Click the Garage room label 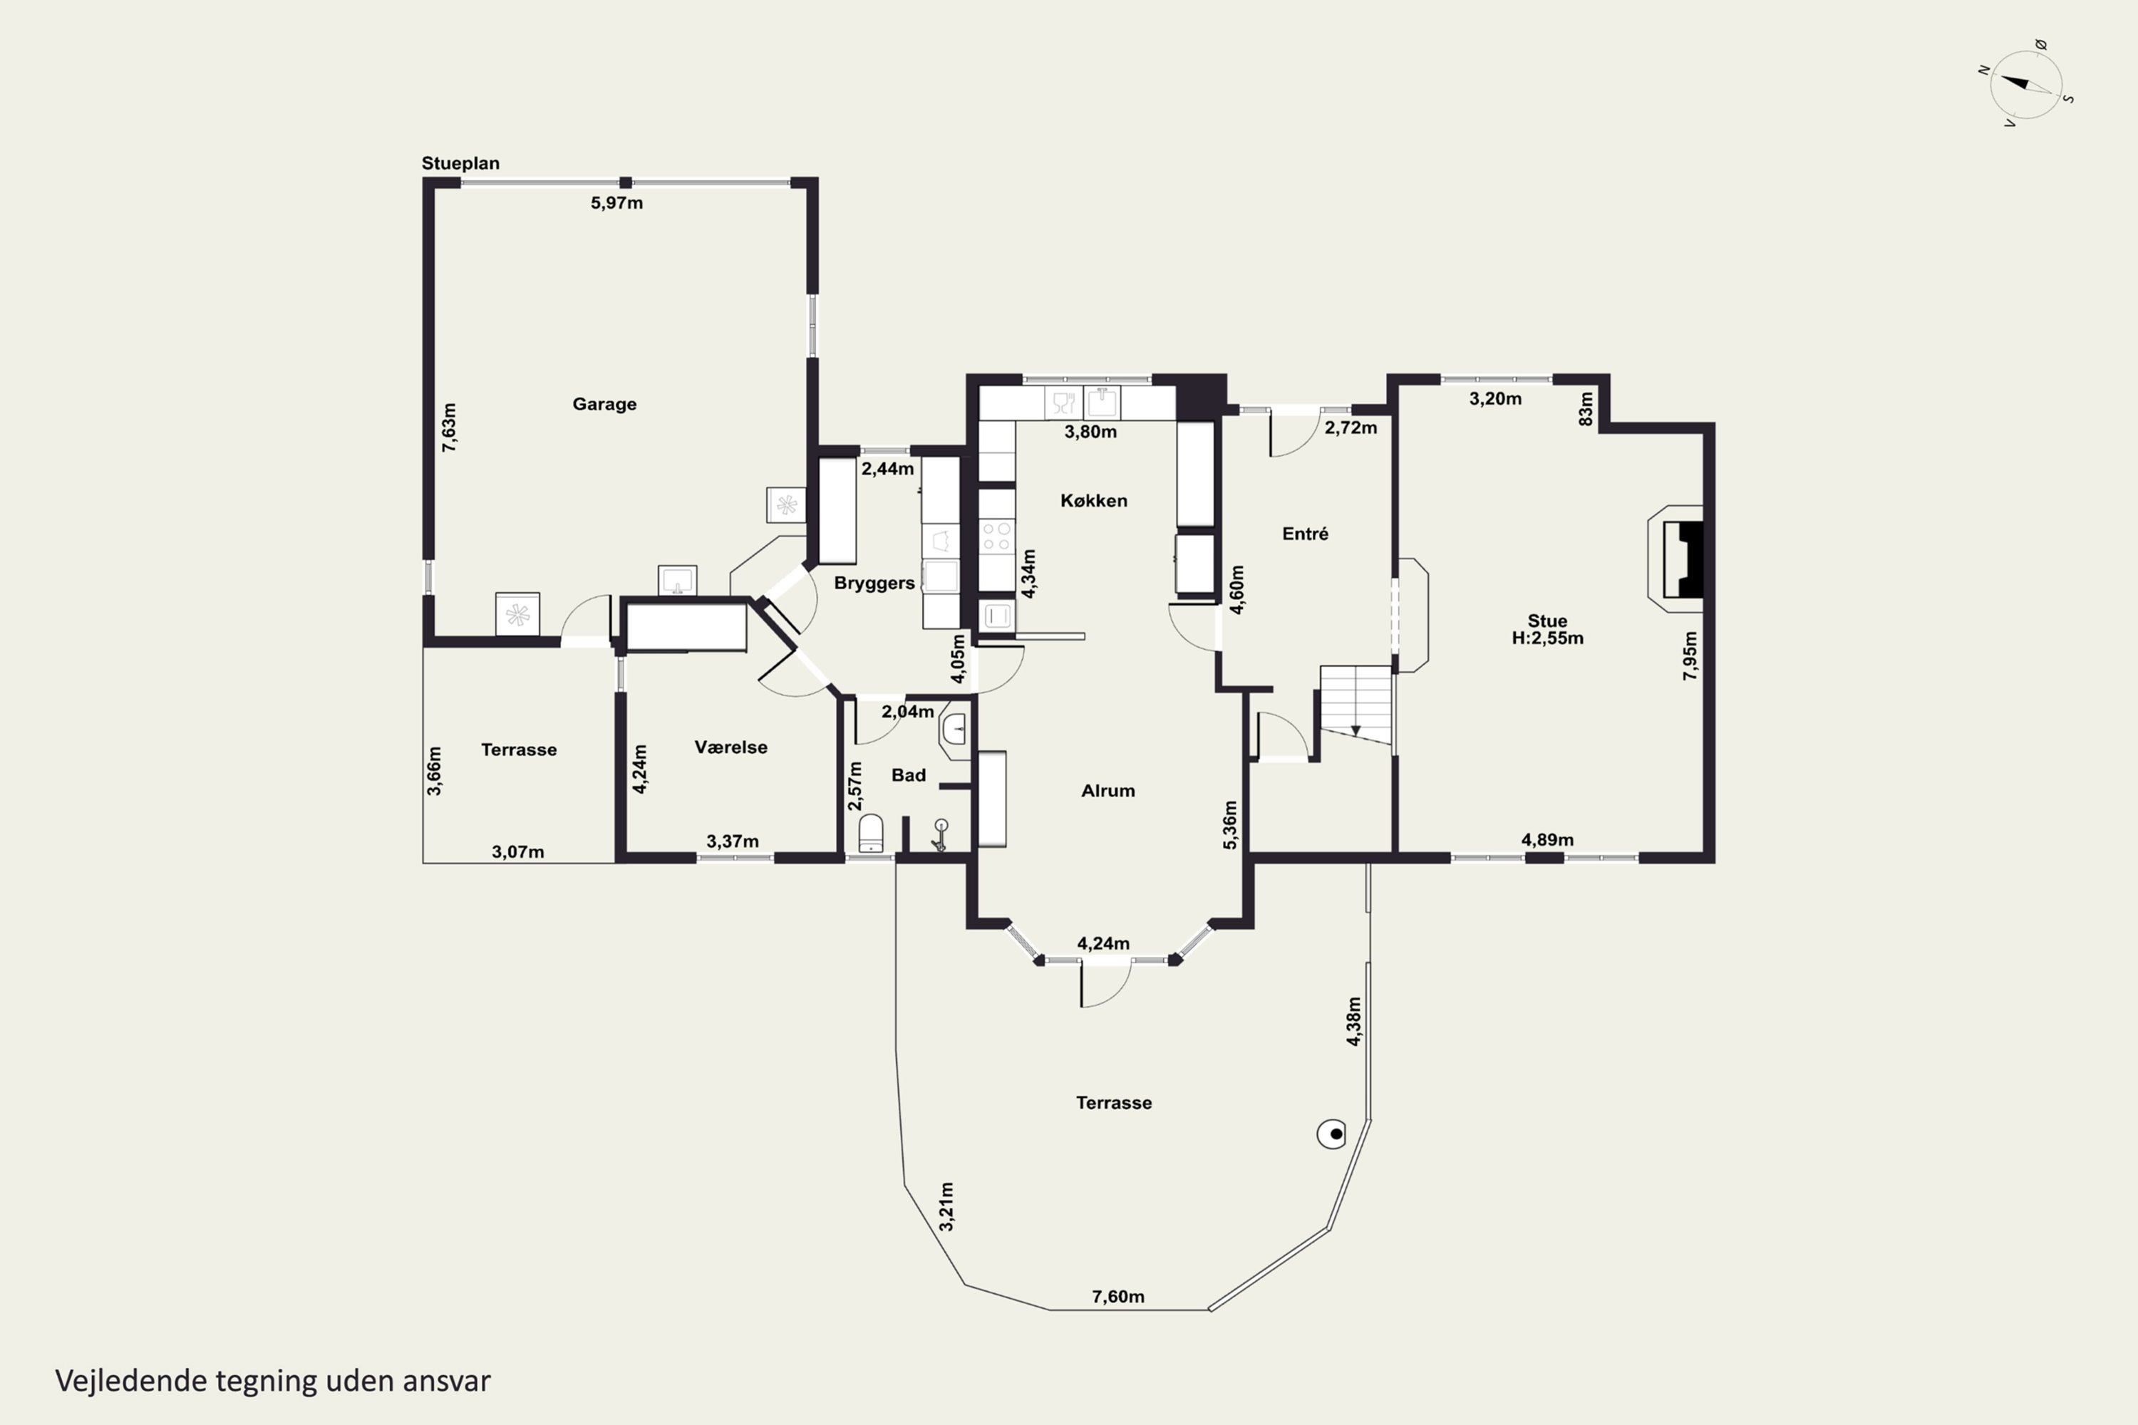pos(604,405)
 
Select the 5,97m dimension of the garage pos(616,202)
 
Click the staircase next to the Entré pos(1356,705)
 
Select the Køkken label pos(1093,501)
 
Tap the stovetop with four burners pos(996,537)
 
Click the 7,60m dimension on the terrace pos(1118,1297)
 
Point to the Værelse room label pos(731,747)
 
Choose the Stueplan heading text pos(460,164)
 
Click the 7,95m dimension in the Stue pos(1690,655)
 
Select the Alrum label pos(1108,791)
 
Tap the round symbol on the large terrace pos(1332,1134)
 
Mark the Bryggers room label pos(874,584)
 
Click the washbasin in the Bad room pos(954,729)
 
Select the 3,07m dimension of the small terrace pos(518,851)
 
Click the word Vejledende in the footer pos(131,1381)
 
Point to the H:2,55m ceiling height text pos(1547,638)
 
